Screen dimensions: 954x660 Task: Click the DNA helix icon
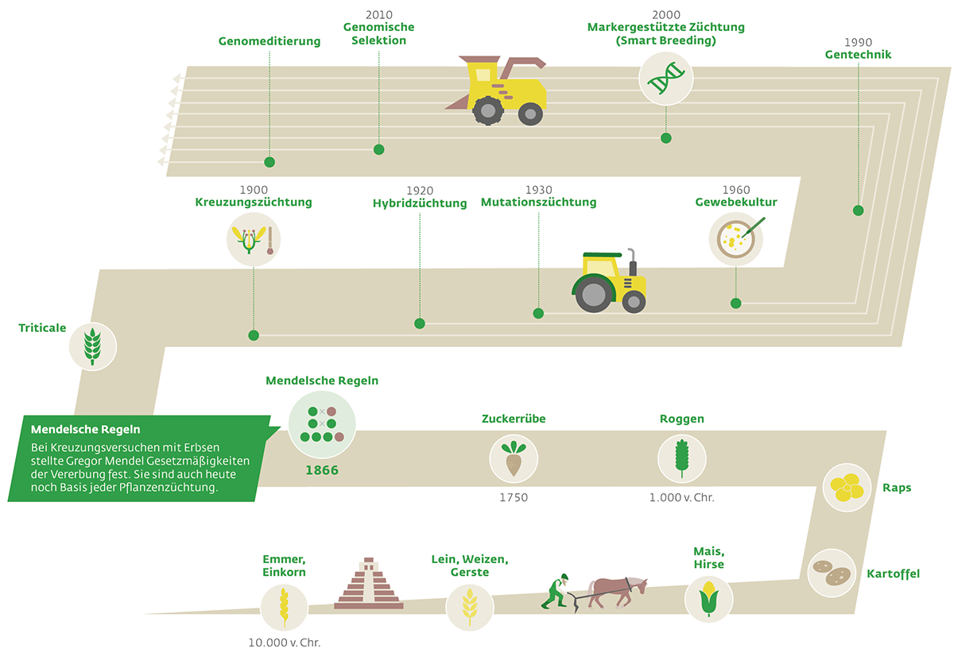point(665,79)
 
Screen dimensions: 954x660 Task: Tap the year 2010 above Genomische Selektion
point(379,15)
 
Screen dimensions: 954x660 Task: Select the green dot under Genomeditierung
point(270,162)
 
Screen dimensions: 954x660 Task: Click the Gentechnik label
point(858,55)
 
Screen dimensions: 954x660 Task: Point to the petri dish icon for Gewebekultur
point(736,239)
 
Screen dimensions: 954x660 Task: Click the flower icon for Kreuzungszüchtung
point(254,240)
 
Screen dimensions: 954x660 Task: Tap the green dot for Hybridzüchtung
point(420,323)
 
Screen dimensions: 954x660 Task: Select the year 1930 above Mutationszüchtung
point(539,190)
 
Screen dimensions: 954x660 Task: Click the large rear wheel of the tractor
point(593,295)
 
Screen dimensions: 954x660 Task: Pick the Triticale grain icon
point(93,346)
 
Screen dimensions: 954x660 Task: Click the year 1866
point(322,470)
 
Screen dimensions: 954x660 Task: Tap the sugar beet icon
point(514,459)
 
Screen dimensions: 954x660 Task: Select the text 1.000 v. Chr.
point(681,497)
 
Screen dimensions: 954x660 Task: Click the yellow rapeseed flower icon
point(847,487)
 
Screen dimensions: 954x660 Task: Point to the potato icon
point(832,573)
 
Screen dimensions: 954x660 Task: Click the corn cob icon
point(708,599)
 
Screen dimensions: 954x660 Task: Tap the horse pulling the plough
point(617,592)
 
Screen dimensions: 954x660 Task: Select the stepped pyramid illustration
point(369,583)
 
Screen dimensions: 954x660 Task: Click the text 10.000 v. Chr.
point(284,643)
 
